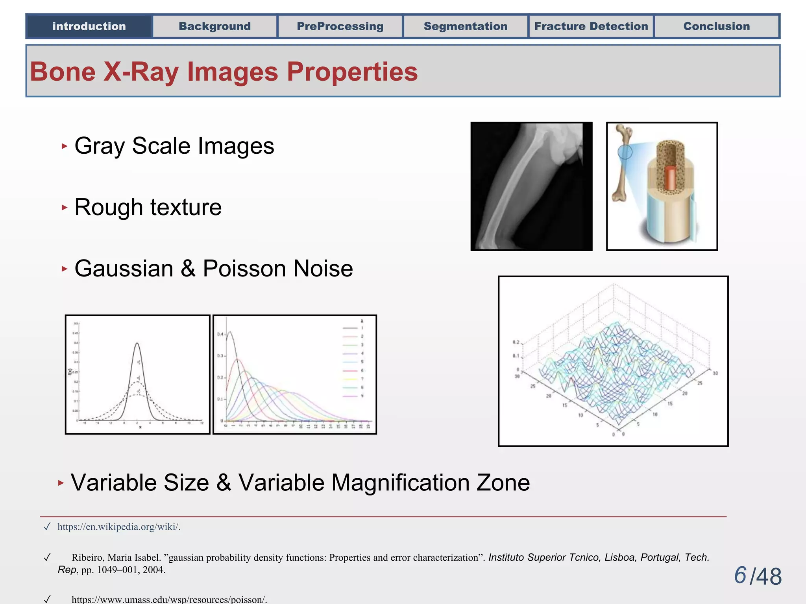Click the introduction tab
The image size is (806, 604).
tap(89, 26)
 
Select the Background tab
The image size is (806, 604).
tap(214, 26)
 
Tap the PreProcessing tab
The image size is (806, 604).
tap(340, 26)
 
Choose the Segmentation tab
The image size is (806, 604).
tap(466, 26)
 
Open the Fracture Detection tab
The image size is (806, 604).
tap(591, 26)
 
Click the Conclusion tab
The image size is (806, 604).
tap(717, 26)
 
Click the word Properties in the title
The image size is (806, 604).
tap(352, 72)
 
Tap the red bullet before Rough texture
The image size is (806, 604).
tap(65, 207)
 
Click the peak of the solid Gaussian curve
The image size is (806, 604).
tap(137, 344)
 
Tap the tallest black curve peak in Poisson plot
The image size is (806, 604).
tap(230, 332)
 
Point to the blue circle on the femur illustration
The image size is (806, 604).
tap(625, 152)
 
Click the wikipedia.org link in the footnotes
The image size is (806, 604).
tap(118, 527)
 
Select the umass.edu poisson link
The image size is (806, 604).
tap(169, 599)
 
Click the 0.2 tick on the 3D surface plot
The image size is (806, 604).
tap(516, 342)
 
